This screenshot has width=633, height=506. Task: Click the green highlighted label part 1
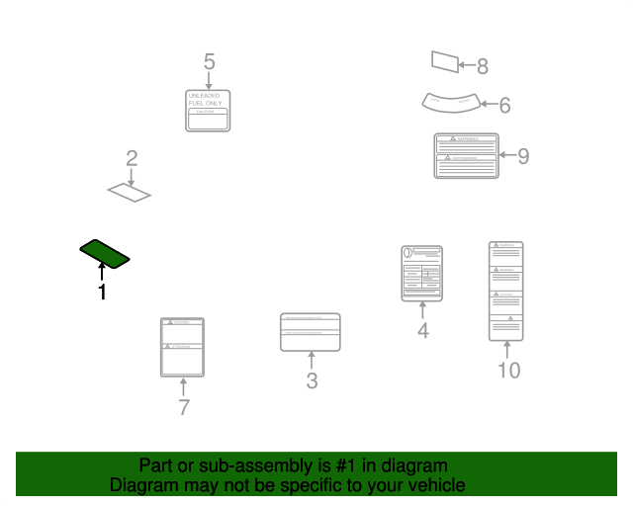click(105, 253)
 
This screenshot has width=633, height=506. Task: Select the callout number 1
click(101, 292)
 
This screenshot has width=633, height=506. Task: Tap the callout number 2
click(131, 158)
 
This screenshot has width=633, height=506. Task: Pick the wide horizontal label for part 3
click(311, 332)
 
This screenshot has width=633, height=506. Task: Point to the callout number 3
click(312, 380)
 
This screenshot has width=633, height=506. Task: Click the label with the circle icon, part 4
click(422, 274)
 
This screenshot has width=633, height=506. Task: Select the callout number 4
click(422, 331)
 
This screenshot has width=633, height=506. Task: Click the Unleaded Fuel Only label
click(209, 110)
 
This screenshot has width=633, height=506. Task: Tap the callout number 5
click(209, 62)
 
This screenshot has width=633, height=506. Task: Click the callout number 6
click(504, 105)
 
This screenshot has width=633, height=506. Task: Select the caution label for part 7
click(182, 347)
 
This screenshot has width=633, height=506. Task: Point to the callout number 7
click(183, 407)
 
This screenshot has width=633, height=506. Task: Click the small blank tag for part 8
click(445, 62)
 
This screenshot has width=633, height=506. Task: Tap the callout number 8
click(483, 67)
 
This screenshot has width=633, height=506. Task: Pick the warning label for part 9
click(466, 155)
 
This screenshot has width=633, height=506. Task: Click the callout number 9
click(523, 156)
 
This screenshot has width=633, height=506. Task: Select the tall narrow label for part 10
click(506, 291)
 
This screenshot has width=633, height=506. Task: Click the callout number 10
click(507, 371)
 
